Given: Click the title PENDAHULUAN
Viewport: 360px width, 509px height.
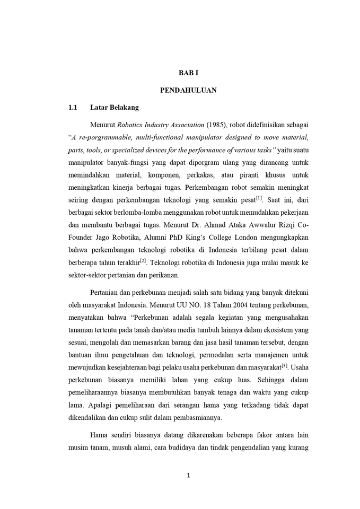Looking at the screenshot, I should (x=188, y=90).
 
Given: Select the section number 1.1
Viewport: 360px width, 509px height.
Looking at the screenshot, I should (x=73, y=108).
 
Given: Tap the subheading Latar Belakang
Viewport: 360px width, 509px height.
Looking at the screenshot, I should (x=115, y=108).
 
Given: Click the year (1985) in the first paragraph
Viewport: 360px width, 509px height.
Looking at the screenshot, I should (x=216, y=125).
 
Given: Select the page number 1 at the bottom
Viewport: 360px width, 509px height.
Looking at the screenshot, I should (x=188, y=475).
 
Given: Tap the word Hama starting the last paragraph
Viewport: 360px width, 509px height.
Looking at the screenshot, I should (x=99, y=435).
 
